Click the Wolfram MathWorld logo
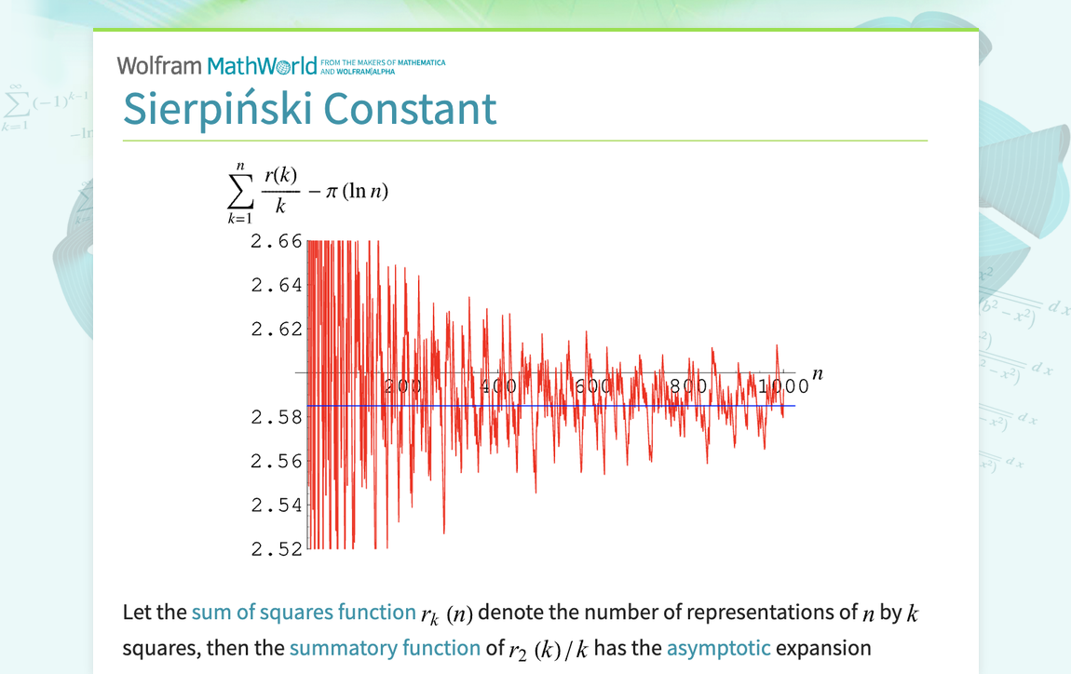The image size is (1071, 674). pos(216,66)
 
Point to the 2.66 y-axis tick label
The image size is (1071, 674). pos(277,241)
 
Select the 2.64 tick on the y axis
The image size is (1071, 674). pos(277,285)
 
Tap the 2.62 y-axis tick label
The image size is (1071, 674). pos(277,329)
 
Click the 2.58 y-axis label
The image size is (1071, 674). pos(277,417)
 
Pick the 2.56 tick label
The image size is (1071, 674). pos(277,461)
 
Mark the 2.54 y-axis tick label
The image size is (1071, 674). pos(277,505)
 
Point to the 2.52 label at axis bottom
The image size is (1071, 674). pos(277,549)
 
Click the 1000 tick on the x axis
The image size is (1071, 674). pos(784,386)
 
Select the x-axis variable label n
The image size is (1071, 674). pos(819,374)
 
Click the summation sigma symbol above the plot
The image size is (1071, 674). pos(239,191)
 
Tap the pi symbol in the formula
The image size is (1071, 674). pos(331,192)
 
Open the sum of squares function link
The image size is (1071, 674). pos(303,613)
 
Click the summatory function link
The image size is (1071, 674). pos(385,648)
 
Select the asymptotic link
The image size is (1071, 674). pos(718,648)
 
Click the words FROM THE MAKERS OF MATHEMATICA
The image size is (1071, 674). pos(388,62)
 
